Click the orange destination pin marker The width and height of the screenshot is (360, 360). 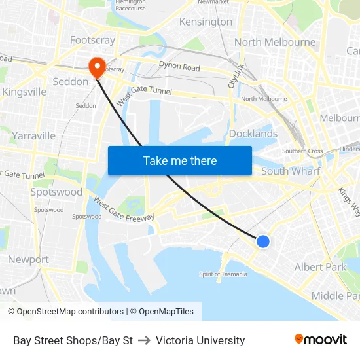click(97, 65)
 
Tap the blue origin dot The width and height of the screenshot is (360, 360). click(262, 242)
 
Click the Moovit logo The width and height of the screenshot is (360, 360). click(320, 340)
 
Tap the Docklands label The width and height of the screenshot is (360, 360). click(253, 134)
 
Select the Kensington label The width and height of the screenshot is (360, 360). click(206, 22)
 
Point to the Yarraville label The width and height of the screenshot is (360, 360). click(33, 135)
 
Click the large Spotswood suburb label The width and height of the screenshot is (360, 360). click(56, 192)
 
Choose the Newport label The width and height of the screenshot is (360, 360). click(28, 259)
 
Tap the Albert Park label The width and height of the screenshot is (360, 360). click(320, 267)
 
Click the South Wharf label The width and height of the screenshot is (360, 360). click(291, 171)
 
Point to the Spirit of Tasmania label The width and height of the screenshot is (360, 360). click(223, 274)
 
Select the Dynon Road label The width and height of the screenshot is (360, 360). click(179, 66)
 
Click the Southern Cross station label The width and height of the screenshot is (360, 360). click(302, 151)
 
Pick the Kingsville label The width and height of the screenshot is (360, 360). click(24, 92)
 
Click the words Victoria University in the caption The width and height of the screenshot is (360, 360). click(200, 340)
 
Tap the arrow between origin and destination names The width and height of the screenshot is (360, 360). click(144, 340)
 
